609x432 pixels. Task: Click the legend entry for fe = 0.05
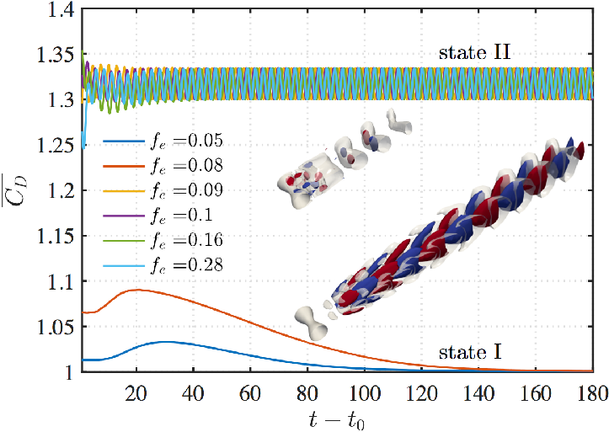coord(163,141)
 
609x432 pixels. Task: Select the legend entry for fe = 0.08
coord(163,166)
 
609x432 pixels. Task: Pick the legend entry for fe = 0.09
coord(163,190)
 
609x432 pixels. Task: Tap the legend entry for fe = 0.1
coord(158,216)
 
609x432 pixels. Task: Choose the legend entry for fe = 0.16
coord(163,240)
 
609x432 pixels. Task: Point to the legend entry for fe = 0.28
coord(163,265)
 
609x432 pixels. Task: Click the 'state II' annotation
coord(474,52)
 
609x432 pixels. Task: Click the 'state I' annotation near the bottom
coord(470,353)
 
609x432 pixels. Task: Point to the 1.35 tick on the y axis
coord(55,55)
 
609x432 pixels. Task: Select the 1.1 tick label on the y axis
coord(60,281)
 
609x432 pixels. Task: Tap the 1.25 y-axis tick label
coord(55,145)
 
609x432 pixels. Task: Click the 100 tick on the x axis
coord(365,393)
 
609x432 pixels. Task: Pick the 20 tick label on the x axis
coord(136,393)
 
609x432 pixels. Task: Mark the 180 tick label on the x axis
coord(592,393)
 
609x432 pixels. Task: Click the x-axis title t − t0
coord(337,421)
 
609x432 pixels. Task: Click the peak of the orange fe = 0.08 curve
coord(136,290)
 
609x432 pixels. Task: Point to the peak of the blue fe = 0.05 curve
coord(166,342)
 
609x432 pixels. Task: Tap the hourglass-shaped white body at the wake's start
coord(312,321)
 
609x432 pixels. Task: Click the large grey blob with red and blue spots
coord(311,179)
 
